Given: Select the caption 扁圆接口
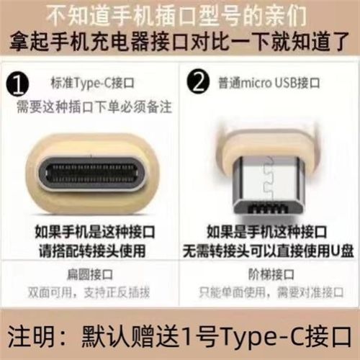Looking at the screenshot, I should [91, 274].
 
